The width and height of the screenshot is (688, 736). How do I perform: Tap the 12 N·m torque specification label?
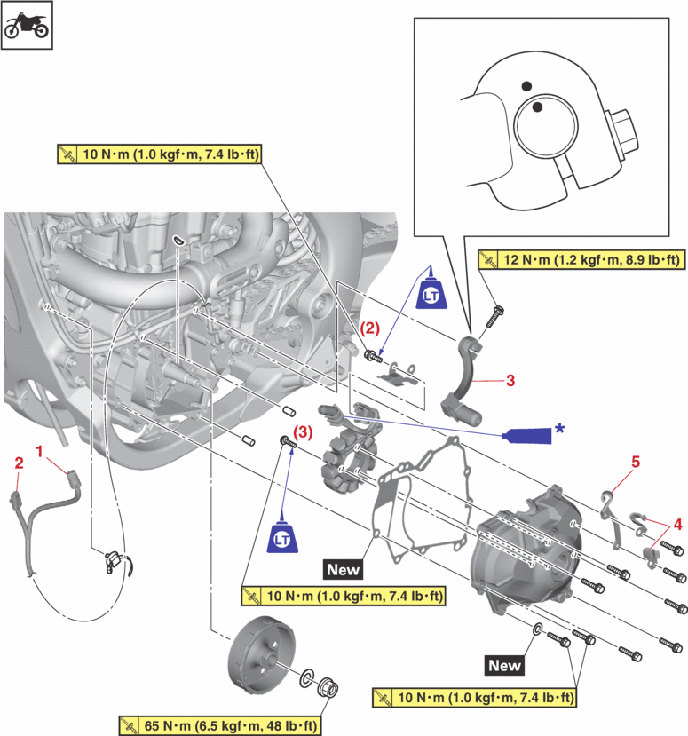point(581,260)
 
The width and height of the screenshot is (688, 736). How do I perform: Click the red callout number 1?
point(39,452)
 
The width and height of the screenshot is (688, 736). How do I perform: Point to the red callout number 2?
point(19,462)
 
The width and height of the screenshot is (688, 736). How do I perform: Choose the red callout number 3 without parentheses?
point(510,380)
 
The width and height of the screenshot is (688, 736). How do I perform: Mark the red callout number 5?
point(635,462)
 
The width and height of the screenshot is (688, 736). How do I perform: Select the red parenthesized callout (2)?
point(367,328)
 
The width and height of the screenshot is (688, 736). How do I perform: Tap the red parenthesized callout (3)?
point(303,432)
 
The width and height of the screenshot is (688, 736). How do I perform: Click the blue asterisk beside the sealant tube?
point(559,428)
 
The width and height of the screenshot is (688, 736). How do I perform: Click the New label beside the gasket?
point(344,567)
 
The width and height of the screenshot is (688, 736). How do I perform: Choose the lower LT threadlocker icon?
point(282,538)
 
